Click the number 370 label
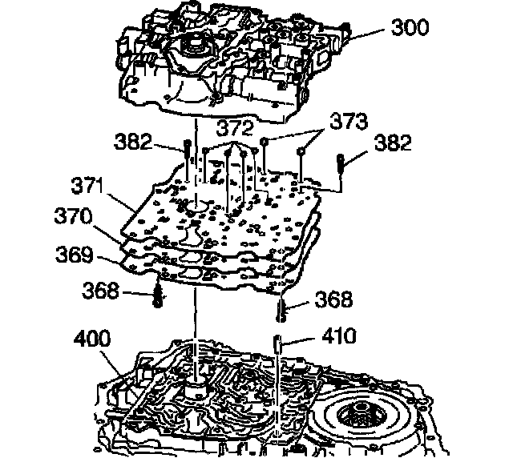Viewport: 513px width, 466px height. click(75, 216)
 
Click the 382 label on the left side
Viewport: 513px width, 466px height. click(132, 144)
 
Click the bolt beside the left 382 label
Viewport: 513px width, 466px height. click(186, 152)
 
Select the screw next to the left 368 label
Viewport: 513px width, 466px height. click(159, 296)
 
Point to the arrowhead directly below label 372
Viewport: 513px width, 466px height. click(233, 148)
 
